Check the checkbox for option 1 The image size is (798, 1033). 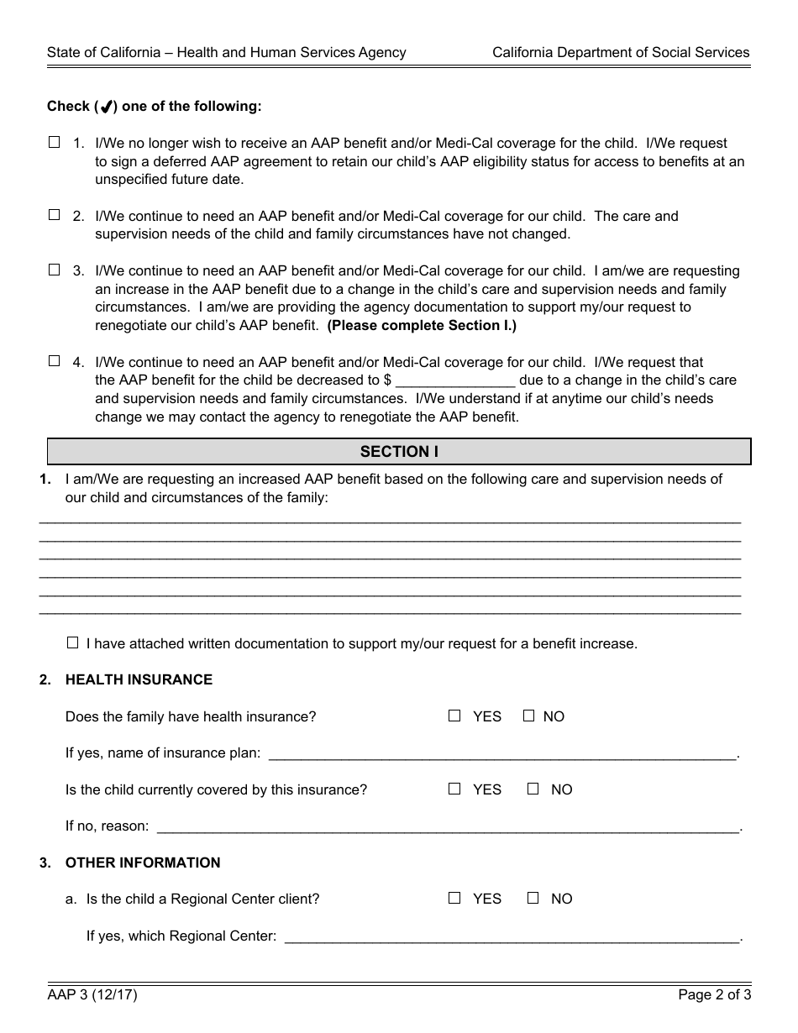coord(55,143)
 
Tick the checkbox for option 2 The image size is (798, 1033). coord(55,215)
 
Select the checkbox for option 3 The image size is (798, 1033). coord(55,270)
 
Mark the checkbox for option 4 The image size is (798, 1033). coord(55,361)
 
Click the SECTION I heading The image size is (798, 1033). coord(399,452)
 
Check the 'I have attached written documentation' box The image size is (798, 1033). coord(72,643)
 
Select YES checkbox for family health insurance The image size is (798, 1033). coord(454,716)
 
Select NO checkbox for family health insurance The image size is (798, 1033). coord(528,716)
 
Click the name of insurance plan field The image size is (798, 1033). coord(501,753)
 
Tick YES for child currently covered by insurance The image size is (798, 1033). coord(454,789)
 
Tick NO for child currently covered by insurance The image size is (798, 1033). coord(533,789)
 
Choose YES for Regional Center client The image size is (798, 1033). coord(454,898)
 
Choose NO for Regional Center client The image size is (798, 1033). coord(533,898)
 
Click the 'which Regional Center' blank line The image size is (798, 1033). coord(512,936)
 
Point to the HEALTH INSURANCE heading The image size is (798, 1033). coord(139,679)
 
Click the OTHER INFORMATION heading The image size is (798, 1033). coord(143,863)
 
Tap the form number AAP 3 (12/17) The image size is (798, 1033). coord(92,995)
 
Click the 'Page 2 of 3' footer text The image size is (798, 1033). coord(714,995)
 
